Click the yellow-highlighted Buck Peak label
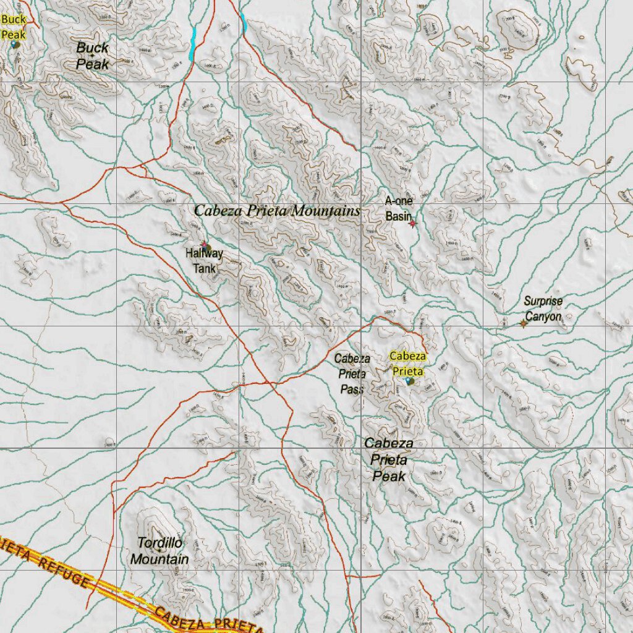coord(13,27)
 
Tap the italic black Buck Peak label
coord(93,56)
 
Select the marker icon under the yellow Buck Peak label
coord(15,45)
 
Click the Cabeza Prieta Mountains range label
coord(276,211)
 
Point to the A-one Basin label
coord(398,208)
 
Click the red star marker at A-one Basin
coord(413,224)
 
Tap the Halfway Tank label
coord(204,261)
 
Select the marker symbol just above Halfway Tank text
coord(205,246)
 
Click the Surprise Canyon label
coord(543,309)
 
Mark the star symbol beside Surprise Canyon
coord(523,323)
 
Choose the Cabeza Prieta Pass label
coord(352,373)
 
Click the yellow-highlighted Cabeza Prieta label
coord(407,363)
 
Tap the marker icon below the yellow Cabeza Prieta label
coord(410,381)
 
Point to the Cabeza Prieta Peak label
coord(389,460)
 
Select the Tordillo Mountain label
coord(159,551)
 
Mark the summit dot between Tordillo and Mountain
coord(159,550)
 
